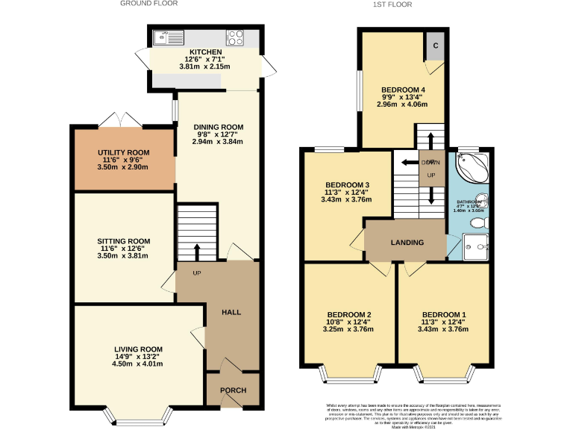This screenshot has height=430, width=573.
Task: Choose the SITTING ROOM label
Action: [124, 241]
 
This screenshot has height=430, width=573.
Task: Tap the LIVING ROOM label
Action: [138, 349]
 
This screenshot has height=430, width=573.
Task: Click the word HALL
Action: [231, 313]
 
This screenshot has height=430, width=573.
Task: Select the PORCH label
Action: [231, 389]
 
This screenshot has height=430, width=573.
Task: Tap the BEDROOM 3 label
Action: [347, 184]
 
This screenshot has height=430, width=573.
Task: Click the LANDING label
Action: [407, 243]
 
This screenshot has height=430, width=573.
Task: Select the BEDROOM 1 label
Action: [444, 314]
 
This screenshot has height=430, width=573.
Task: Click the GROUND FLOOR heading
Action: [150, 4]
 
